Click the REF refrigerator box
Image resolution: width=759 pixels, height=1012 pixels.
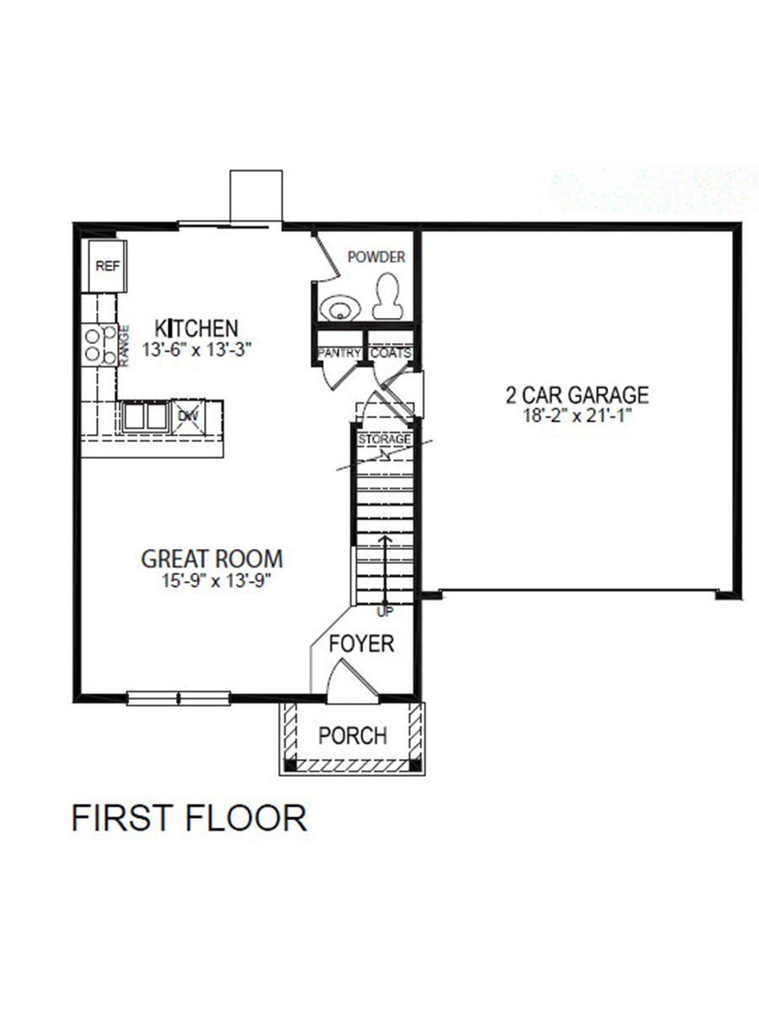[x=107, y=266]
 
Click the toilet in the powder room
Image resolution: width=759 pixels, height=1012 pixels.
[x=389, y=295]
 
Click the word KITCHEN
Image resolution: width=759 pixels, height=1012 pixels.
[x=196, y=327]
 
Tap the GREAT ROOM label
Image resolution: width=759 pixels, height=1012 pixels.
[x=212, y=558]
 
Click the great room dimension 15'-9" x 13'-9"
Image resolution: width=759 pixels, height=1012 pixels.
[x=212, y=580]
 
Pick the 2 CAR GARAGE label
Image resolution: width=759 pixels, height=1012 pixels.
[x=577, y=395]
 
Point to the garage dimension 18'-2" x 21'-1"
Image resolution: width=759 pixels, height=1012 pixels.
[x=577, y=415]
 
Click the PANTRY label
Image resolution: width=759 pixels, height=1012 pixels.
[x=340, y=353]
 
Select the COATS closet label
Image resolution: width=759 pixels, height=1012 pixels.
[x=390, y=353]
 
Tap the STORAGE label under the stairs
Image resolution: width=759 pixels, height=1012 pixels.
[x=385, y=440]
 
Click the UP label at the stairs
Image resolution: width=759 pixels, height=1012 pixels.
[x=385, y=610]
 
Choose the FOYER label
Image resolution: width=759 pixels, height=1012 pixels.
[x=361, y=644]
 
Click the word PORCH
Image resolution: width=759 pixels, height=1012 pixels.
[x=353, y=736]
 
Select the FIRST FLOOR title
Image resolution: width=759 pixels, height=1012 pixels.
[x=189, y=818]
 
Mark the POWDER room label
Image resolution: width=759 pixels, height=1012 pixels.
[x=376, y=257]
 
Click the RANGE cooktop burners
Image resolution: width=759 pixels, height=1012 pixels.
[x=100, y=345]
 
